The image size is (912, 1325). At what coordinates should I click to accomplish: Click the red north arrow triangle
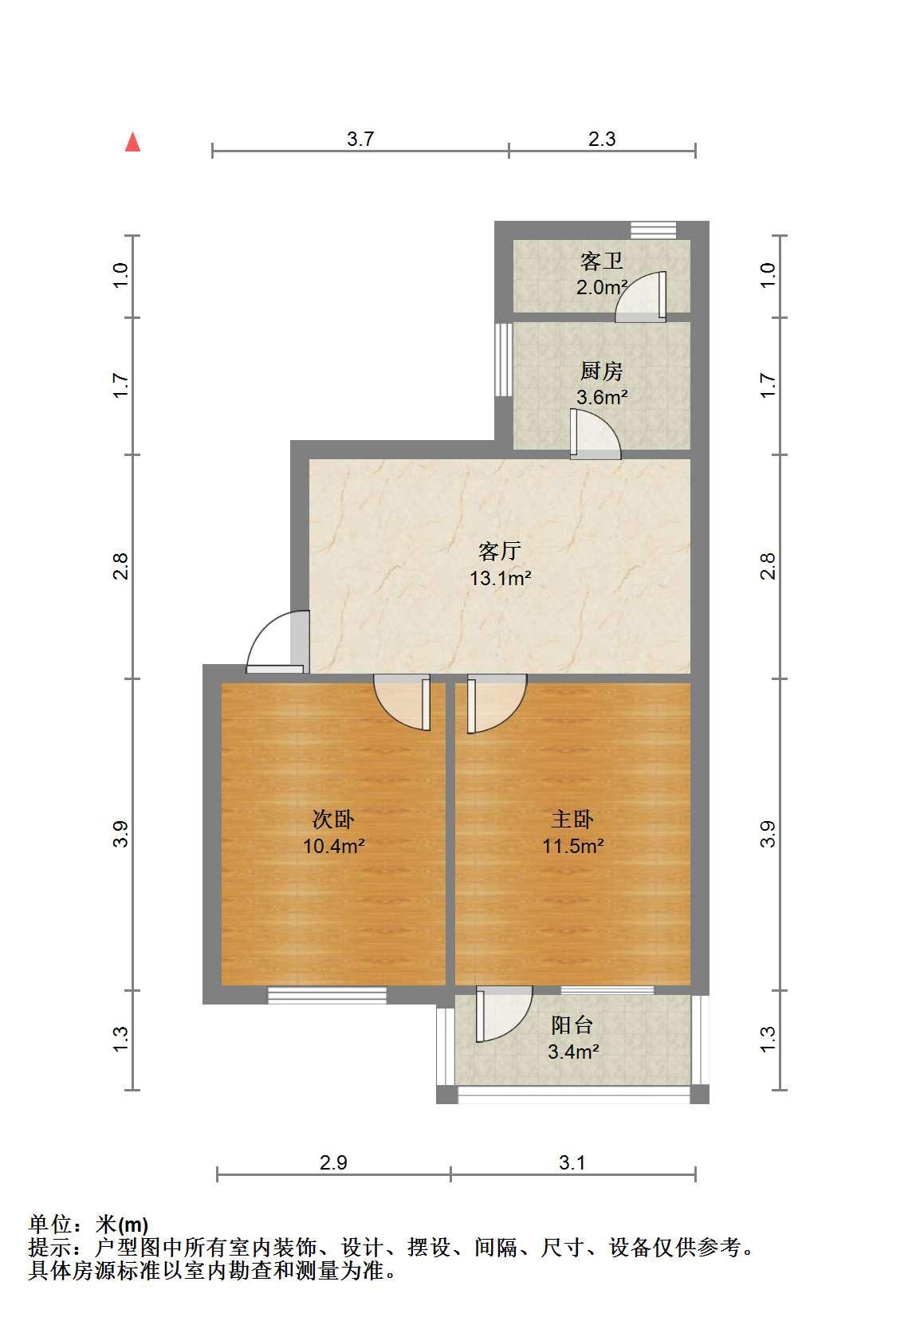[x=132, y=143]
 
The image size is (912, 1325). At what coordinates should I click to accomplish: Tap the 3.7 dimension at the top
[x=360, y=139]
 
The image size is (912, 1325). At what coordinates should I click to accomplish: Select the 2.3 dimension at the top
[x=602, y=139]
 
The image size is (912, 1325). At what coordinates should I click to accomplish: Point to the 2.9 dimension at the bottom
[x=333, y=1163]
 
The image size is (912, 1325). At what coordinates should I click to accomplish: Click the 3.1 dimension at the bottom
[x=572, y=1163]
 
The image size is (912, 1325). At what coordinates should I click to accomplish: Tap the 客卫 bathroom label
[x=602, y=261]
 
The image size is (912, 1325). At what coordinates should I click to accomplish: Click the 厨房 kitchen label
[x=602, y=372]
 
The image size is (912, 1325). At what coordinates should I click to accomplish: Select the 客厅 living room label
[x=500, y=551]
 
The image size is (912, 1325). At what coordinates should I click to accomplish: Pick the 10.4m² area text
[x=333, y=847]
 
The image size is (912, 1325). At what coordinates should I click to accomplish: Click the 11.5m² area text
[x=572, y=846]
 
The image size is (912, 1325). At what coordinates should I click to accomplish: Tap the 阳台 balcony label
[x=572, y=1025]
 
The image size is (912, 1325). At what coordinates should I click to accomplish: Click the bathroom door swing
[x=641, y=297]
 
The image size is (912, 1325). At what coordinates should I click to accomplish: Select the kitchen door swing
[x=595, y=434]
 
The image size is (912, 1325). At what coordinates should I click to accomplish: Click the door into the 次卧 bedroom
[x=402, y=702]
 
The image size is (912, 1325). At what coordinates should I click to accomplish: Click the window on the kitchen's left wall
[x=503, y=360]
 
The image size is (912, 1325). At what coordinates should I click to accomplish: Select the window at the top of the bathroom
[x=654, y=230]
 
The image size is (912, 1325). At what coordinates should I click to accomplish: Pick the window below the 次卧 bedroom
[x=327, y=996]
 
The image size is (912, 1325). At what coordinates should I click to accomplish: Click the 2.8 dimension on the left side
[x=120, y=565]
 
